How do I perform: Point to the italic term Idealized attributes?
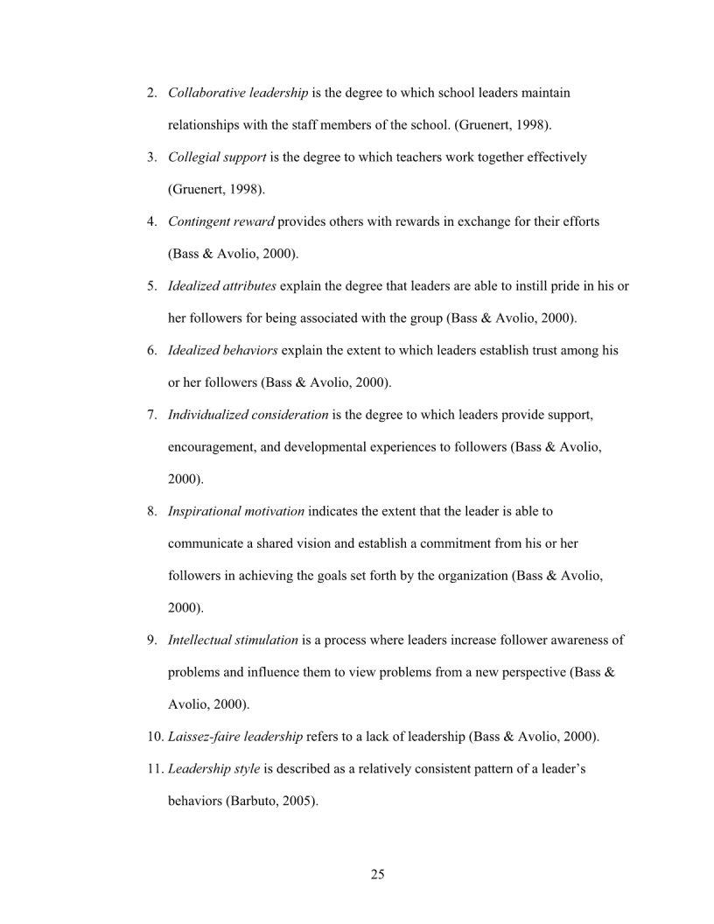click(x=222, y=286)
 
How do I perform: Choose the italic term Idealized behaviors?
click(x=223, y=350)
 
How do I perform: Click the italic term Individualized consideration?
click(x=248, y=414)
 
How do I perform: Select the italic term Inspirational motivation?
click(x=236, y=511)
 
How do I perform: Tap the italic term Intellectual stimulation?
click(x=233, y=640)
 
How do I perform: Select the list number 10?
click(x=153, y=736)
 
